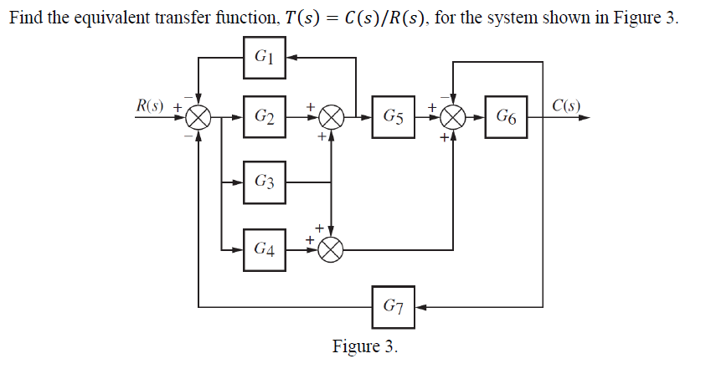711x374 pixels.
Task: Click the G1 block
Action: pos(265,57)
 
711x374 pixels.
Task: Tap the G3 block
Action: pos(265,182)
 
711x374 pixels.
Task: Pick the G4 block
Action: pos(265,248)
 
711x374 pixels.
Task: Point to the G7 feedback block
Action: pos(394,306)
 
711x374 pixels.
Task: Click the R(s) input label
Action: pos(152,106)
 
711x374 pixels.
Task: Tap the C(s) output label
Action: pos(566,106)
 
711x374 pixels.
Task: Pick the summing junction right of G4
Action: pos(332,248)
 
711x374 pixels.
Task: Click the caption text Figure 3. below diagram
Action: pos(365,346)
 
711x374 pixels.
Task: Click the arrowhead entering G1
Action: pos(292,57)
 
